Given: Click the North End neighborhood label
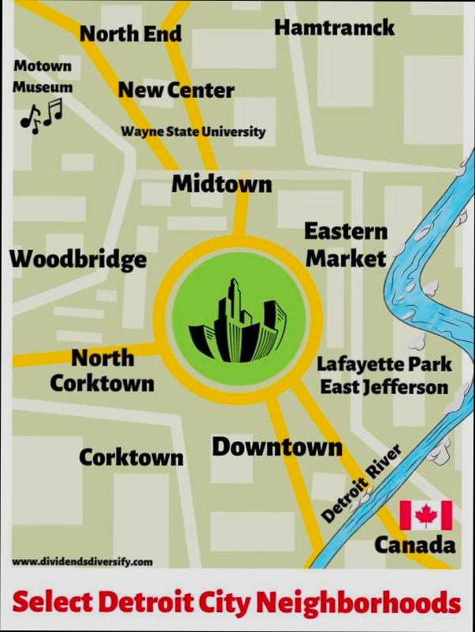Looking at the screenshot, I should [x=131, y=33].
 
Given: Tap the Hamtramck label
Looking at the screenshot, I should [x=334, y=28].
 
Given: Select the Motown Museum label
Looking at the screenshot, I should [x=43, y=77].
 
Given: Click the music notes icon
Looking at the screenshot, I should [x=41, y=115].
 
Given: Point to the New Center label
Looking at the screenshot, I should [x=176, y=90].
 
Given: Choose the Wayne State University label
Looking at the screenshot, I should [x=193, y=132].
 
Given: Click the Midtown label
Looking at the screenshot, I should [x=221, y=184].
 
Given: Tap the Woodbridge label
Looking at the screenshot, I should [x=78, y=258].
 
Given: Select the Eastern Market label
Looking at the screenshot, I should [x=346, y=244].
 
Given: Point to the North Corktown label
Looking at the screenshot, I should [x=102, y=370].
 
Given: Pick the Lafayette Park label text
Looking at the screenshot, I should [x=384, y=364].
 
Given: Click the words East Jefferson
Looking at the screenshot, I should [x=384, y=387].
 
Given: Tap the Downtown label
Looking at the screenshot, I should [x=276, y=448].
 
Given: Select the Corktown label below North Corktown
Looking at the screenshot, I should [x=131, y=457].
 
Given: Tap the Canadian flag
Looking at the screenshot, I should [x=425, y=515].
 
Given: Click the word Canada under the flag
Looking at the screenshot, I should [x=414, y=545].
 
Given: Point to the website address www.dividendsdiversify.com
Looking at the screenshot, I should [x=83, y=562].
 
